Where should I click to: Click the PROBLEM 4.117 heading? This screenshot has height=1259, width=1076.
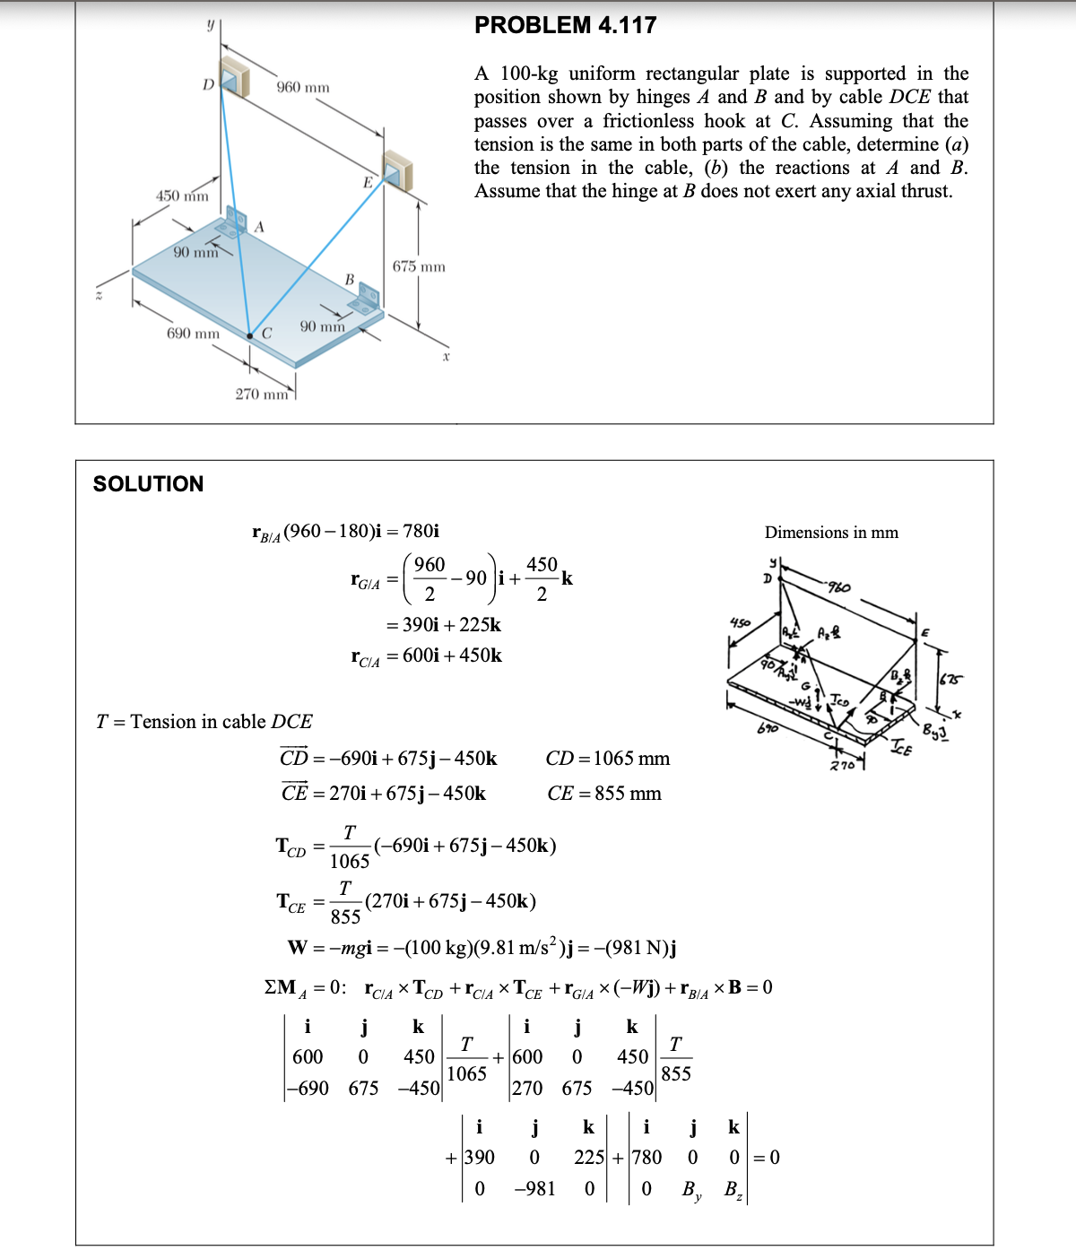click(x=565, y=25)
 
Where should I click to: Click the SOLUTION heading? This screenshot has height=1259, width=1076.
click(x=148, y=484)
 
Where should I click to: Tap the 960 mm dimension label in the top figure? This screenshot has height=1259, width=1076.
click(x=302, y=87)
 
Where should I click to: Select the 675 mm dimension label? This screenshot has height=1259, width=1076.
click(x=419, y=266)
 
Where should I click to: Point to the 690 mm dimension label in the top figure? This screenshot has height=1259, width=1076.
click(x=193, y=334)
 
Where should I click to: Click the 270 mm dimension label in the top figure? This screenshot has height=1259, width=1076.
click(x=262, y=394)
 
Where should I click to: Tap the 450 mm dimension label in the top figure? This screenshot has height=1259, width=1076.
click(x=182, y=195)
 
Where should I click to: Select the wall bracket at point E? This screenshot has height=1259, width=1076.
click(x=395, y=170)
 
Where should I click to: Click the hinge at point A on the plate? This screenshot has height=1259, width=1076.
click(x=236, y=222)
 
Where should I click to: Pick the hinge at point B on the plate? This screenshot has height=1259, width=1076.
click(x=368, y=299)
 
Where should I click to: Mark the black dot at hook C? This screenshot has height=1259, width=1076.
click(x=251, y=335)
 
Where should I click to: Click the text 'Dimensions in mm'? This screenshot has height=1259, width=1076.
click(x=831, y=533)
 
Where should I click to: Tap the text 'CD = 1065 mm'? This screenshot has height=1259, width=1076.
click(x=607, y=759)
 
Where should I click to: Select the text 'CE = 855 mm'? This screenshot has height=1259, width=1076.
click(x=603, y=794)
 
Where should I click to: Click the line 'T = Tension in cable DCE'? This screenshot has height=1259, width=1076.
click(x=204, y=722)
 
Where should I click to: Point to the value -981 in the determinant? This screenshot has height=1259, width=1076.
click(x=534, y=1189)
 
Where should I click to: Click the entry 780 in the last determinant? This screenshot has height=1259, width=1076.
click(x=646, y=1158)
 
